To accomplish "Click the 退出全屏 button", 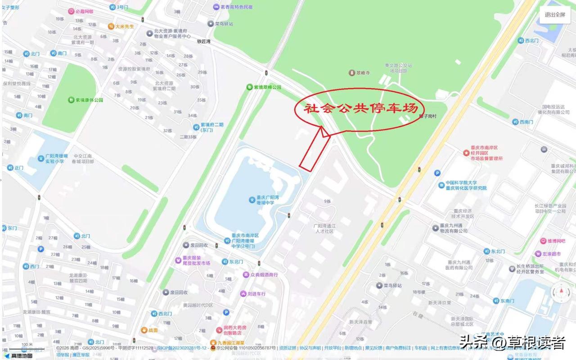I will pyautogui.click(x=554, y=14).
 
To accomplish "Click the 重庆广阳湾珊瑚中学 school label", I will pyautogui.click(x=269, y=200).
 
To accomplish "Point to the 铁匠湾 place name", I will pyautogui.click(x=204, y=41).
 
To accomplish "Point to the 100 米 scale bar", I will pyautogui.click(x=27, y=347).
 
